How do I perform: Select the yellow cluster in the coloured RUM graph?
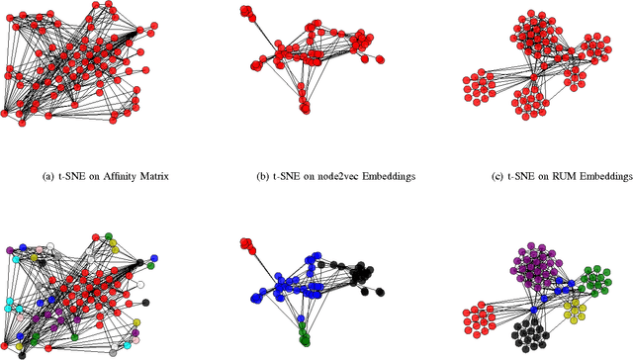click(574, 313)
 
